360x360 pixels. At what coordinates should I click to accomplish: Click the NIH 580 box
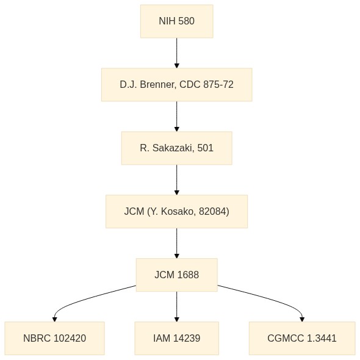tap(177, 21)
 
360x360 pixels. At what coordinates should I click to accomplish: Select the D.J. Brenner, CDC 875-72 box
tap(177, 84)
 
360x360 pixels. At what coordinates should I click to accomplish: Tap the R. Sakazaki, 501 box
tap(177, 148)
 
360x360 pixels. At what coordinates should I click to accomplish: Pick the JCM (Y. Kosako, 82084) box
tap(177, 212)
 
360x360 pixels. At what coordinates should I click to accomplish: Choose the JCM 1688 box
tap(177, 275)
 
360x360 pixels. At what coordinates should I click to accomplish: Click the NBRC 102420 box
tap(55, 338)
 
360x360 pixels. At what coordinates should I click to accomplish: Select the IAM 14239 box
tap(177, 338)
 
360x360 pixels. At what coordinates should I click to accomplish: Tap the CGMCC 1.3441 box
tap(302, 338)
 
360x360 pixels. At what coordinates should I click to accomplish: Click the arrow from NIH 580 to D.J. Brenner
tap(177, 53)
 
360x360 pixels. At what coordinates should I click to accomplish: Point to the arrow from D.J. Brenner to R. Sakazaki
tap(177, 117)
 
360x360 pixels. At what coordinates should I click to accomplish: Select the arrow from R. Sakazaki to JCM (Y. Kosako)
tap(177, 180)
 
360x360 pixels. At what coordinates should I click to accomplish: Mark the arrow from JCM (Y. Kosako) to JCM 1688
tap(177, 243)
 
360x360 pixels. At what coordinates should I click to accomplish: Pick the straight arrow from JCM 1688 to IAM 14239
tap(177, 306)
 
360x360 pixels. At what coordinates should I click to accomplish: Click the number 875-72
tap(218, 84)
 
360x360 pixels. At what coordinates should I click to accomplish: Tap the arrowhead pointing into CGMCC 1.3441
tap(302, 319)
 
